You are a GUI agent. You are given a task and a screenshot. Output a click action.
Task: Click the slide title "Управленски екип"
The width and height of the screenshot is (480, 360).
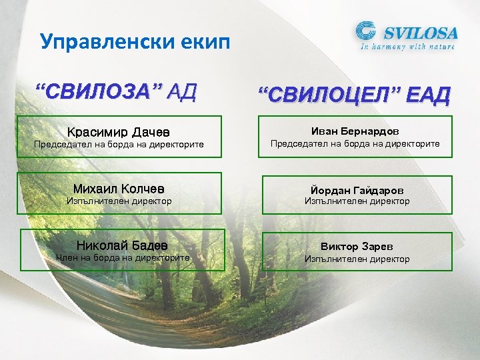[135, 42]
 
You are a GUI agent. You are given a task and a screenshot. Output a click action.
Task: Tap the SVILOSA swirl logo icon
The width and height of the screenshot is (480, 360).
[366, 32]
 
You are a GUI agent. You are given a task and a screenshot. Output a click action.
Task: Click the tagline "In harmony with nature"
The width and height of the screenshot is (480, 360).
[407, 47]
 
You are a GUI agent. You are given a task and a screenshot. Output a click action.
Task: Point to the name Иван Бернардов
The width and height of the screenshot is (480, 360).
[355, 131]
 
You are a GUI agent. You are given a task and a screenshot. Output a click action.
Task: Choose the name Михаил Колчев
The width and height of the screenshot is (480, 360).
[119, 189]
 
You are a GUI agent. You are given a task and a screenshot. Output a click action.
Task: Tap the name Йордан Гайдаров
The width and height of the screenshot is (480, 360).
[357, 189]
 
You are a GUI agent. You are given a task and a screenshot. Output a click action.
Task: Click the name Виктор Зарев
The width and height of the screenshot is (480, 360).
[357, 246]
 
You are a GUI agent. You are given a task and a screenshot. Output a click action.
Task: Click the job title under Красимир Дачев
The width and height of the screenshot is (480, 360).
[119, 144]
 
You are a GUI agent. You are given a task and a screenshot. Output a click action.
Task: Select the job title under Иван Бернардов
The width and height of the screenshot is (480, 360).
[355, 144]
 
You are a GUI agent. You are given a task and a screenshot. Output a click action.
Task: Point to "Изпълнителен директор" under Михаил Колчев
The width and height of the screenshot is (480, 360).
[119, 201]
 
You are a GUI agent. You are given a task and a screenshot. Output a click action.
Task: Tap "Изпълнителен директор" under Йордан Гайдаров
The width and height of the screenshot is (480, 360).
[357, 201]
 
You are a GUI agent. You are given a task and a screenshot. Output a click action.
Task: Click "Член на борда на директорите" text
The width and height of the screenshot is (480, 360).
[123, 257]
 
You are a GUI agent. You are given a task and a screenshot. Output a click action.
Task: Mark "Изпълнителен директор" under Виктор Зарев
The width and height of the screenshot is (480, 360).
[357, 259]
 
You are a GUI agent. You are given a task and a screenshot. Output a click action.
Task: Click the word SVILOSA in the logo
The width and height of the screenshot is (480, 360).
[418, 32]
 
